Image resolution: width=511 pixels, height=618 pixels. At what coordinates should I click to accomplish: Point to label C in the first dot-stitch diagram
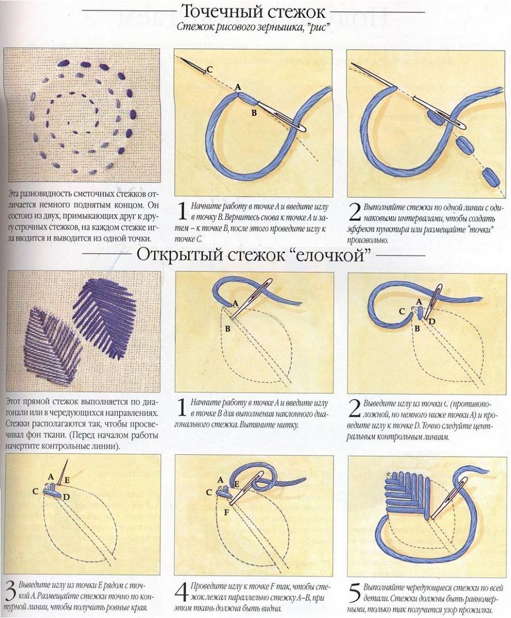[x=210, y=70]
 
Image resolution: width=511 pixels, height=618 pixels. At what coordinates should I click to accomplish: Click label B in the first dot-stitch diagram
[x=254, y=113]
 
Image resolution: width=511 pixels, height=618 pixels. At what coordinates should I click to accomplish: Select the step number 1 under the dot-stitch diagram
[x=182, y=211]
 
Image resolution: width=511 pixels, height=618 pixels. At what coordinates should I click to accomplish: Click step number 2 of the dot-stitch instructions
[x=355, y=211]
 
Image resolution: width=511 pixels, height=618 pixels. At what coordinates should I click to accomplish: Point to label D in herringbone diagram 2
[x=432, y=322]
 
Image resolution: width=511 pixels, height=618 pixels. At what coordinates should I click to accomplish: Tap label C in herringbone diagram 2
[x=401, y=312]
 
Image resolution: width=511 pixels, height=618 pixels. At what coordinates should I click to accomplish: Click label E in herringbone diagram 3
[x=67, y=480]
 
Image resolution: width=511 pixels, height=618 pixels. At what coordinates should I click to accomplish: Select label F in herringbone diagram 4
[x=226, y=513]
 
